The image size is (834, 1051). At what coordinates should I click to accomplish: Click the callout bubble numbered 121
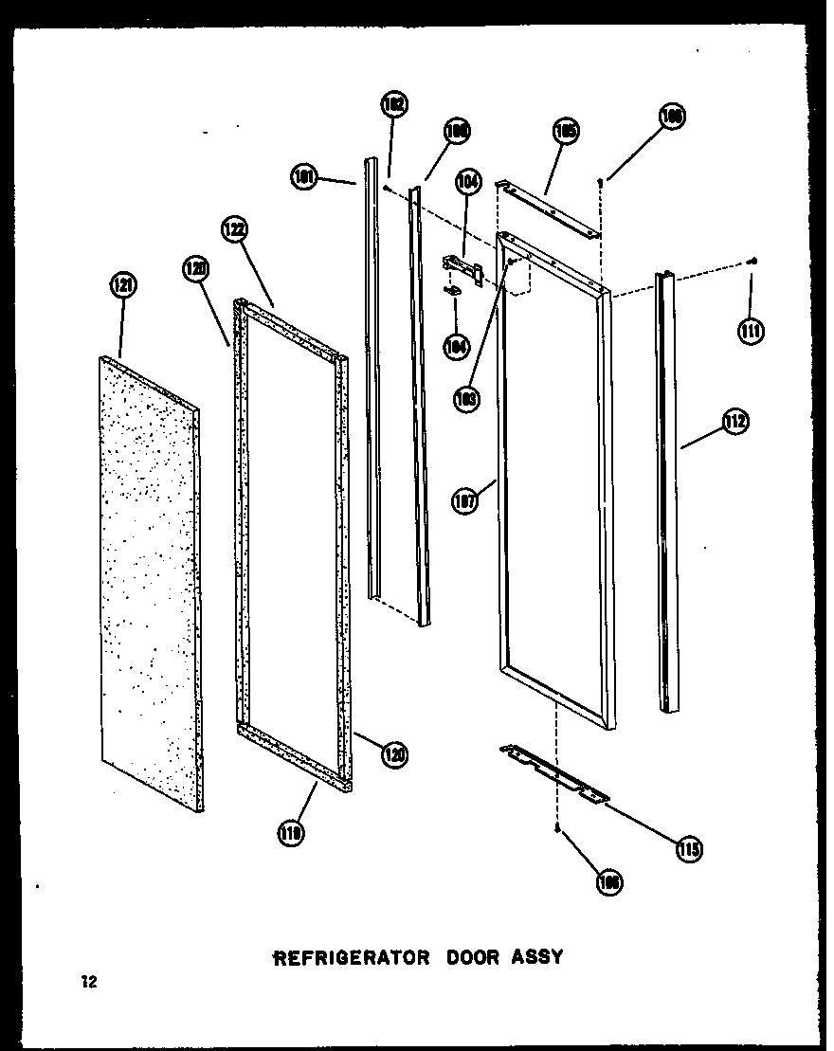[x=125, y=286]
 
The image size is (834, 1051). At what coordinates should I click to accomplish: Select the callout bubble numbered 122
[x=235, y=230]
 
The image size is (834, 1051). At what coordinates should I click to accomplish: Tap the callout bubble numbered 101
[x=305, y=176]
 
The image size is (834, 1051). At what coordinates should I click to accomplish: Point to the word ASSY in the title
[x=538, y=957]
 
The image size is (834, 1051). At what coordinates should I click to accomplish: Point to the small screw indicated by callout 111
[x=751, y=261]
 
